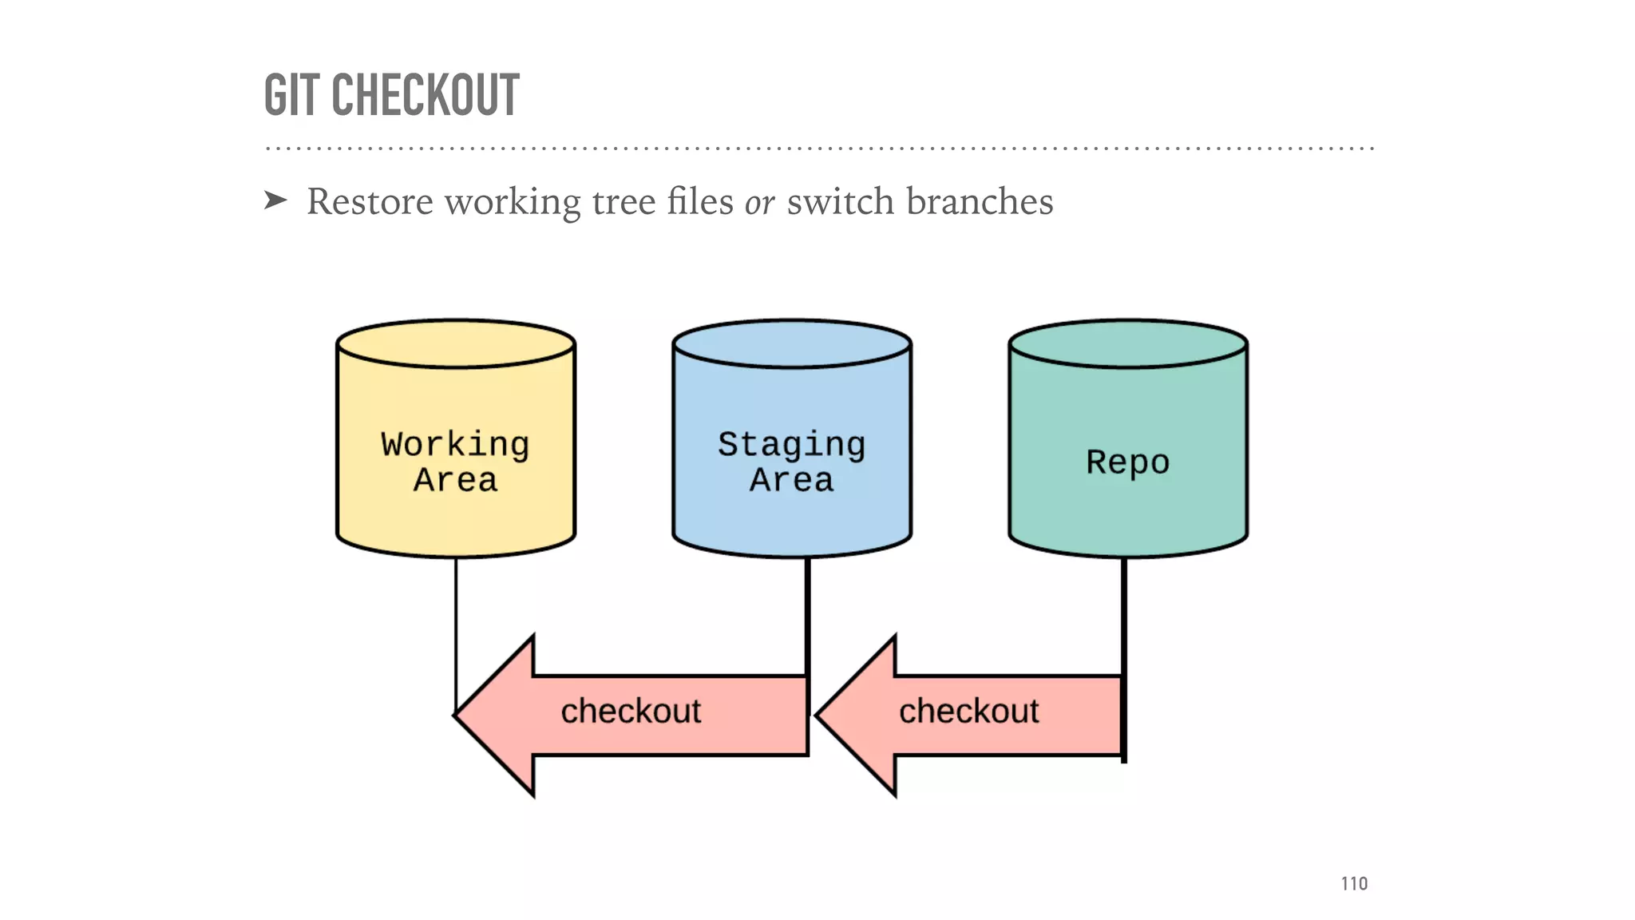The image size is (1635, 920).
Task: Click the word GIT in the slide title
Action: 292,95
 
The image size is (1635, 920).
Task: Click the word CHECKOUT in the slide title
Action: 425,95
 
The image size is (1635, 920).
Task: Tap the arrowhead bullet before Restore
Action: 275,200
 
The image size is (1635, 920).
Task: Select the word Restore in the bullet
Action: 370,201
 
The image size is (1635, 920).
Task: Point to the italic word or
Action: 759,203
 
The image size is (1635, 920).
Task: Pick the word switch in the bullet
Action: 840,201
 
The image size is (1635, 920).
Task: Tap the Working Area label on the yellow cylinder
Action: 455,462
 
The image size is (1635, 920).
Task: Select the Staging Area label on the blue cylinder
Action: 791,462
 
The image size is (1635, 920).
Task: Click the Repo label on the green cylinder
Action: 1127,462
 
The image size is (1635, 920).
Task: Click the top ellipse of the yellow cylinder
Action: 456,344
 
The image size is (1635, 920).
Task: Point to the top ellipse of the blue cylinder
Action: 792,344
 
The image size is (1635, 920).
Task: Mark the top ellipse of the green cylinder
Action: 1128,344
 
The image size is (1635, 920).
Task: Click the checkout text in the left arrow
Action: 631,711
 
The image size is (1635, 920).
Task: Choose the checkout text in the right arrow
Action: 968,711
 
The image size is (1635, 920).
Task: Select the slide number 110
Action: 1354,883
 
